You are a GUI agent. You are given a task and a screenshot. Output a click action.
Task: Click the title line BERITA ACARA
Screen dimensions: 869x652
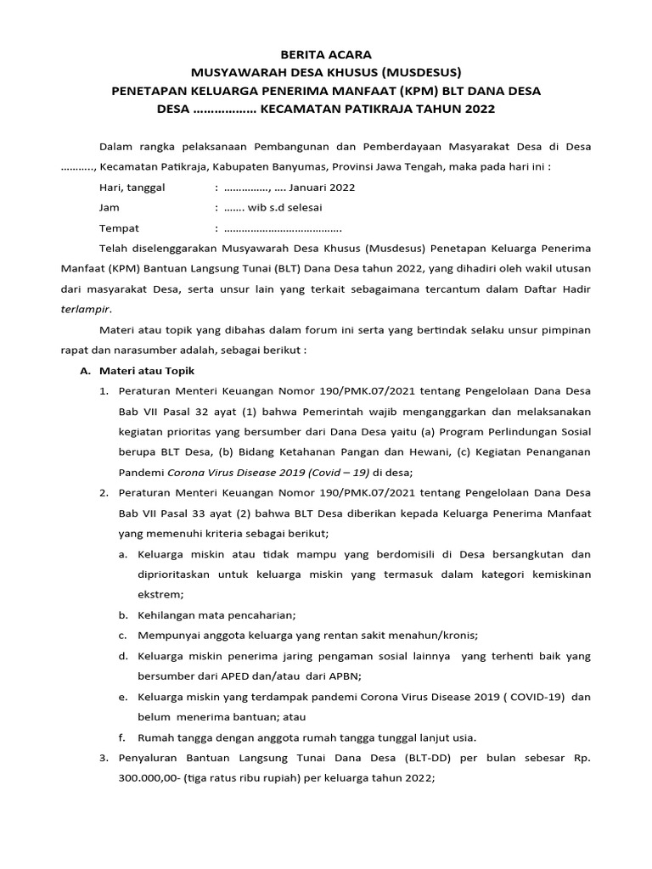pos(326,54)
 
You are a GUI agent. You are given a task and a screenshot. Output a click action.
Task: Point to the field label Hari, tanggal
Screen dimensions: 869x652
pos(132,188)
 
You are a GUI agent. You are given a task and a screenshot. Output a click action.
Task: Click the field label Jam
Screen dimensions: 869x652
pos(110,208)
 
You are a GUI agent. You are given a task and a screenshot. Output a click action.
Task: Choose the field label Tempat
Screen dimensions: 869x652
pos(119,228)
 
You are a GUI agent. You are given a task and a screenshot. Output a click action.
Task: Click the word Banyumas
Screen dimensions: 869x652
pos(296,167)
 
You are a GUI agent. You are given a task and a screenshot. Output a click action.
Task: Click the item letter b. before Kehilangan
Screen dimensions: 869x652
pos(123,615)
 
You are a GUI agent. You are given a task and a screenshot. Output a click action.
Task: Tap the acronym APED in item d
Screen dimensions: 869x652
pos(247,676)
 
